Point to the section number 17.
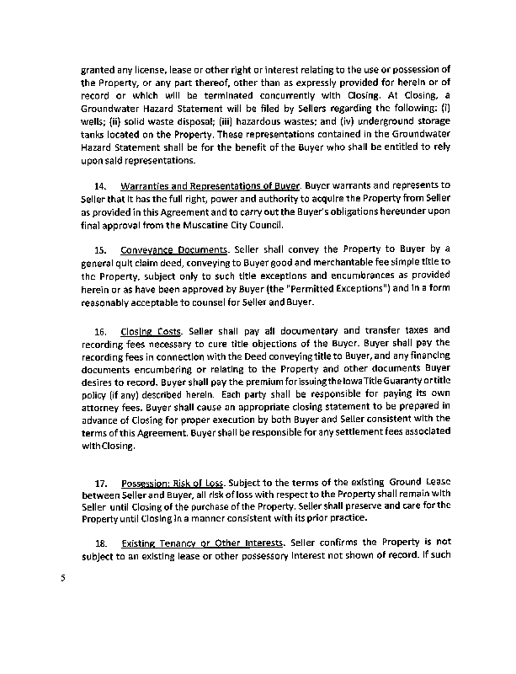[101, 483]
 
